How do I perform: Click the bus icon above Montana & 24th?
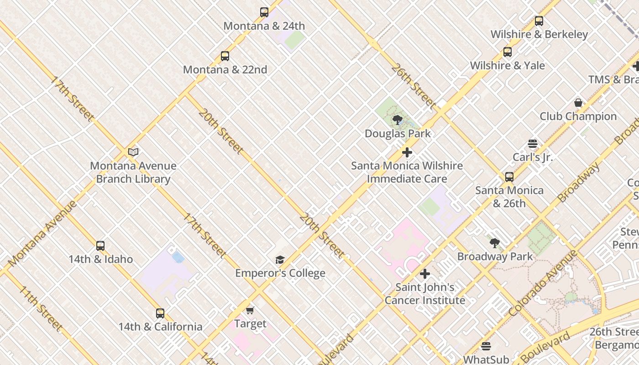[x=264, y=12]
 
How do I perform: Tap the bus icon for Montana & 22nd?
[x=225, y=56]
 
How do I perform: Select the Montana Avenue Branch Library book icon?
[x=133, y=152]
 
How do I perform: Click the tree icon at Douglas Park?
[x=398, y=120]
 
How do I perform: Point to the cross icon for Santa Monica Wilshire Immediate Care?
[x=407, y=152]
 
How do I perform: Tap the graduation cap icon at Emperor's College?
[x=280, y=260]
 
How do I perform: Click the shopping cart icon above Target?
[x=250, y=310]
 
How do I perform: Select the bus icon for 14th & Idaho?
[x=100, y=246]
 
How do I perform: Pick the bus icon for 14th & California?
[x=160, y=313]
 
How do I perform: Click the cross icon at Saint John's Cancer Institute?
[x=425, y=274]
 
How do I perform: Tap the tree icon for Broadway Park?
[x=495, y=243]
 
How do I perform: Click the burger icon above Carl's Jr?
[x=532, y=144]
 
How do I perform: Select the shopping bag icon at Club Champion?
[x=578, y=103]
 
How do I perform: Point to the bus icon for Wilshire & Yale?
[x=508, y=52]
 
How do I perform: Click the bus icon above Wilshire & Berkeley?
[x=539, y=21]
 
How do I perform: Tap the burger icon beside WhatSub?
[x=486, y=346]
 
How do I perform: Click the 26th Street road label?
[x=413, y=86]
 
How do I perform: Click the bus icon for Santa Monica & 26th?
[x=509, y=177]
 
